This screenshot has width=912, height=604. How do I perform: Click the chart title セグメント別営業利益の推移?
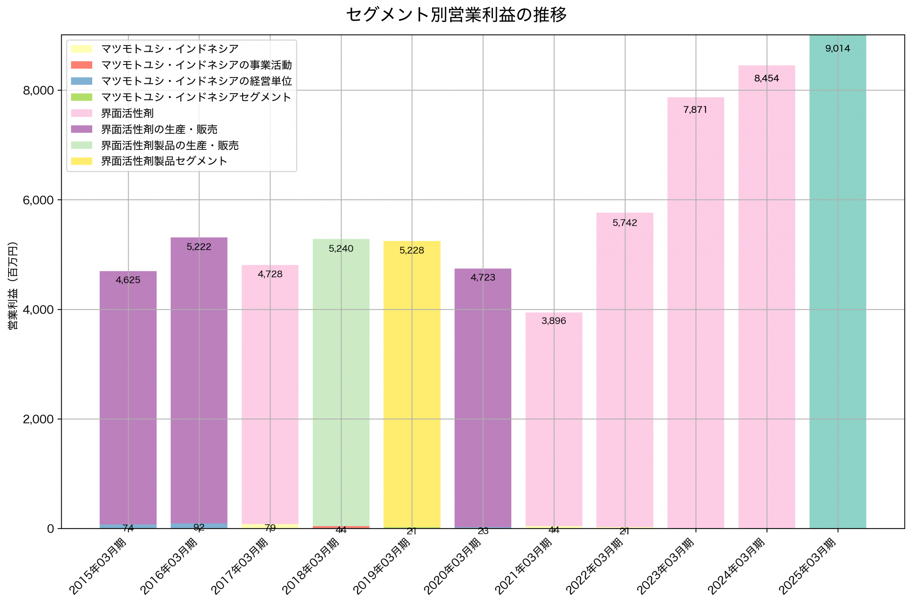(x=456, y=15)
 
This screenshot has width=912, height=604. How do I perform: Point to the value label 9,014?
(x=837, y=48)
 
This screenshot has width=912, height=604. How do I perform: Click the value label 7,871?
(x=695, y=110)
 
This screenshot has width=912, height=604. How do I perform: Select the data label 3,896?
(x=554, y=321)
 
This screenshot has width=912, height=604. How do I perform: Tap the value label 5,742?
(x=625, y=223)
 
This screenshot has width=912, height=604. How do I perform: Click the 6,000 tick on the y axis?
(x=38, y=200)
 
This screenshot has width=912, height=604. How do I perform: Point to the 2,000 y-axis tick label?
(x=38, y=419)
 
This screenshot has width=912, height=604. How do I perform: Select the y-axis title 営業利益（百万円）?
(x=13, y=285)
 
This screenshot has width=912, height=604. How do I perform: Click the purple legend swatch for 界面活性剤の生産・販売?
(x=81, y=129)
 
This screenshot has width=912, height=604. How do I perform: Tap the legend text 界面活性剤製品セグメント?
(x=164, y=161)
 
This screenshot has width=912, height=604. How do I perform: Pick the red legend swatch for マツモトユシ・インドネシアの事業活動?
(x=81, y=65)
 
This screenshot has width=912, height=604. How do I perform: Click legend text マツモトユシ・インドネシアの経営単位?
(x=196, y=81)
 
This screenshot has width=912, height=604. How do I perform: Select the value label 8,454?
(x=766, y=79)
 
